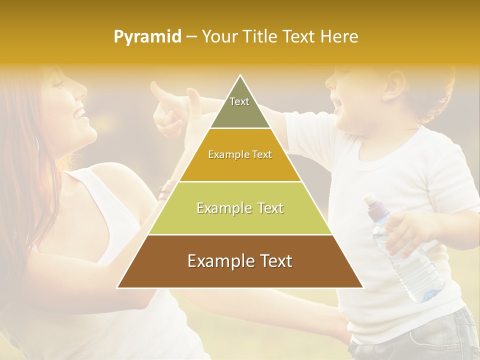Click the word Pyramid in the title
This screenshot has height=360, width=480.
(147, 37)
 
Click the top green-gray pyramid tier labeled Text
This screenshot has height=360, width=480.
(239, 107)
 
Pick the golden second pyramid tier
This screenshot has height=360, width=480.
(240, 154)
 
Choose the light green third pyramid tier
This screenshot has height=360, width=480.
(240, 208)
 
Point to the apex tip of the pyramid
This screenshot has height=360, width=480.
(240, 76)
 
